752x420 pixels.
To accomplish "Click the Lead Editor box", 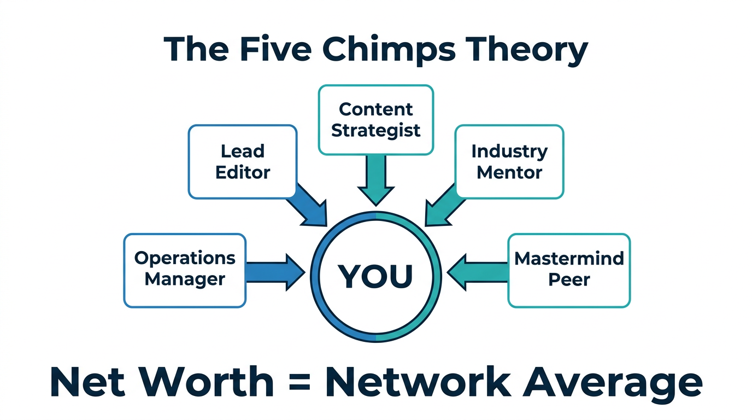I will (x=243, y=161).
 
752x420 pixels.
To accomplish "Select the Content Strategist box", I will (x=375, y=119).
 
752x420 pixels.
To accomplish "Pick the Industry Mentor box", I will (x=509, y=161).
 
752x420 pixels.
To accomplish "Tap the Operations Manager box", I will (x=185, y=270).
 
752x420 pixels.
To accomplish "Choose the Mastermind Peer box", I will (x=569, y=270).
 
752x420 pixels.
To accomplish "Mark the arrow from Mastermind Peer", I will (x=477, y=271).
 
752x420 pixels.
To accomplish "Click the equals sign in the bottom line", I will (x=299, y=383).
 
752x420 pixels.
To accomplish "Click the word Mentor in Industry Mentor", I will (x=509, y=173).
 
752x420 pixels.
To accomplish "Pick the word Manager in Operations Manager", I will (x=185, y=280).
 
